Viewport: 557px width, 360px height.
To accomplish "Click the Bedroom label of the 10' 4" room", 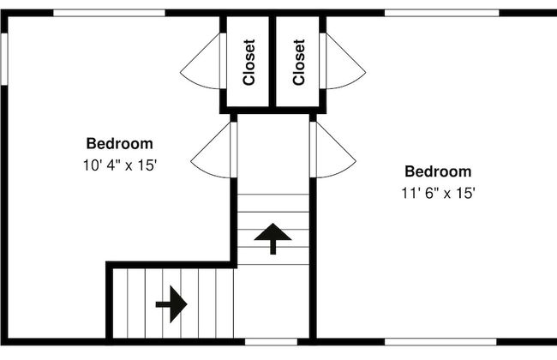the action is [x=120, y=144].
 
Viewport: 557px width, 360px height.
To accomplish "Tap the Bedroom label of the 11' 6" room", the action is [x=438, y=171].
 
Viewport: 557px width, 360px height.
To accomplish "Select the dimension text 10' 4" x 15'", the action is [x=120, y=165].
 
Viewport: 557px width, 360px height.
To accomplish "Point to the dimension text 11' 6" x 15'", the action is [x=438, y=194].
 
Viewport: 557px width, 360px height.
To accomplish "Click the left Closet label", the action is [x=249, y=63].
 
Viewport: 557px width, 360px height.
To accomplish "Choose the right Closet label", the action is [x=299, y=63].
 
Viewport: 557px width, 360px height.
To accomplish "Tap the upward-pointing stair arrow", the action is [x=273, y=238].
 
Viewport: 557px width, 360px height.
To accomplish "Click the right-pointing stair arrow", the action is [x=171, y=304].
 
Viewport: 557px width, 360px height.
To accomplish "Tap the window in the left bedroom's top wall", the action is [x=109, y=13].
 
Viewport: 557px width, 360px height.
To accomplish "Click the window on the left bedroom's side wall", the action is [x=4, y=58].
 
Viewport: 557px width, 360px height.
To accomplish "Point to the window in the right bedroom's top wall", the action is [x=441, y=13].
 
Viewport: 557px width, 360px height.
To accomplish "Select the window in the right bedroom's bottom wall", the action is [x=440, y=342].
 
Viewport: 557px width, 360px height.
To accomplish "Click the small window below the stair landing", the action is [x=271, y=342].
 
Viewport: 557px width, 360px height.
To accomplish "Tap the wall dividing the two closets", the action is [x=273, y=61].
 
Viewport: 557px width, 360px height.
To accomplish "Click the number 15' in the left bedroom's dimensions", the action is [x=147, y=165].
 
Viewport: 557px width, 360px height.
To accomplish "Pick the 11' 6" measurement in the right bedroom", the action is [x=419, y=194].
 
